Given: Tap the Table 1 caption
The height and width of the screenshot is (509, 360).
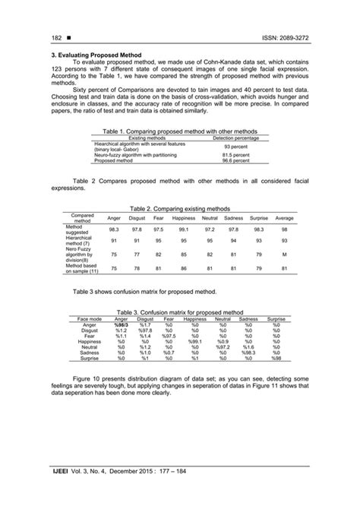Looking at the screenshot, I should click(179, 131).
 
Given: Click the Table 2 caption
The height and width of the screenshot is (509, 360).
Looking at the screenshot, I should click(179, 207).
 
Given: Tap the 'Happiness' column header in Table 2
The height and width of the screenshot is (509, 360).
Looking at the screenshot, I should click(184, 218).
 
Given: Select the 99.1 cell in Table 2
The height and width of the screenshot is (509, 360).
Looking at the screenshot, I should click(184, 229).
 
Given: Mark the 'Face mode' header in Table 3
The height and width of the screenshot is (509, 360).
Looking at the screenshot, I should click(90, 319).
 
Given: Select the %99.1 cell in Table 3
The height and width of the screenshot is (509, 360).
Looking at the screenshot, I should click(194, 341).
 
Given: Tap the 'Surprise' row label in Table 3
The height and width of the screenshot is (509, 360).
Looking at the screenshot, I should click(90, 358).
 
